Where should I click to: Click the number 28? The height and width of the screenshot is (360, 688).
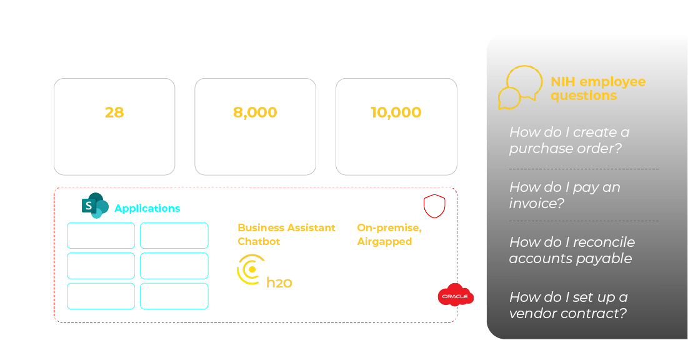[114, 112]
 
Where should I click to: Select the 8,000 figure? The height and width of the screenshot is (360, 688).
[255, 112]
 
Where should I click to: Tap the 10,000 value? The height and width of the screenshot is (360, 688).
[396, 112]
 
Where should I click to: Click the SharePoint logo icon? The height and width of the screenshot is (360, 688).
[95, 206]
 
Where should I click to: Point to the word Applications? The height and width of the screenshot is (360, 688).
[147, 209]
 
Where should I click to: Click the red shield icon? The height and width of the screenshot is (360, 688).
[434, 206]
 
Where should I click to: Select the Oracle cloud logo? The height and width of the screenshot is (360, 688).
[456, 295]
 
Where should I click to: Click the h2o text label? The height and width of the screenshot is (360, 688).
[279, 282]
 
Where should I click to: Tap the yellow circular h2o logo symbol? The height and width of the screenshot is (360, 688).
[249, 270]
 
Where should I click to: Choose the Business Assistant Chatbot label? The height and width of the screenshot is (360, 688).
[286, 234]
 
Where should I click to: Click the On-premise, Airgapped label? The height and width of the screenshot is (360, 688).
[388, 234]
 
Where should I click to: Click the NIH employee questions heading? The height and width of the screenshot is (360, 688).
[597, 89]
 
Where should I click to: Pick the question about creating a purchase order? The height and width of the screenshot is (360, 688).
[569, 141]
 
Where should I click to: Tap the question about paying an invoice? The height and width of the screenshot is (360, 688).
[564, 195]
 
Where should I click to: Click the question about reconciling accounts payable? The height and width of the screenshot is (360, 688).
[571, 250]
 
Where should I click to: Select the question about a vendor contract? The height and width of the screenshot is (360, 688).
[568, 305]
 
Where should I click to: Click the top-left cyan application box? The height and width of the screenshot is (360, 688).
[101, 236]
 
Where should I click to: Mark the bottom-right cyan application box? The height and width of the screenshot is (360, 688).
[174, 296]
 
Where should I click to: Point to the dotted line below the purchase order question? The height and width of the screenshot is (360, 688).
[584, 169]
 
